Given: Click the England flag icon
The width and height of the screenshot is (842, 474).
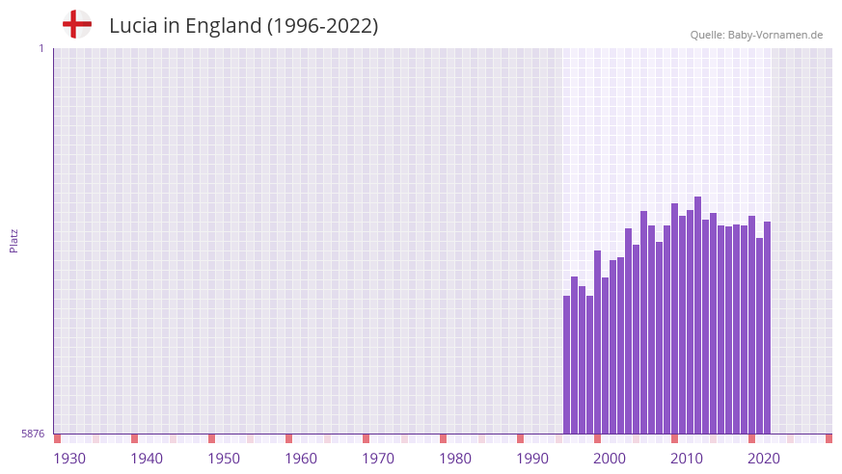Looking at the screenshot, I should (x=76, y=24).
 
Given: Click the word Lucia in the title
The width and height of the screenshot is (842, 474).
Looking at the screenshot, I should (x=131, y=26).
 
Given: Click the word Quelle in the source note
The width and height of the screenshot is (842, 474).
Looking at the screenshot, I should (x=706, y=35).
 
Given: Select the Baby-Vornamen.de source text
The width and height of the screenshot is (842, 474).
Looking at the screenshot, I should (x=775, y=35).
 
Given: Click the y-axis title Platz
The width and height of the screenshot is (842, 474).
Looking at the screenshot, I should (x=14, y=240).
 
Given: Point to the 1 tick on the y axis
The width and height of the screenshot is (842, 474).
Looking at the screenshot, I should (x=41, y=48).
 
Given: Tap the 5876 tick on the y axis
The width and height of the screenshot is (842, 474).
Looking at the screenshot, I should (x=33, y=434).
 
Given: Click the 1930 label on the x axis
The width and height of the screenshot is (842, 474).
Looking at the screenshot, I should (x=69, y=459).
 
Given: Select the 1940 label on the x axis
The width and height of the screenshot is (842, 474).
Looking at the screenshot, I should (x=147, y=459).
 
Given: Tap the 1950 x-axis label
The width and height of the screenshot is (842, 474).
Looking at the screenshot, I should (x=224, y=459).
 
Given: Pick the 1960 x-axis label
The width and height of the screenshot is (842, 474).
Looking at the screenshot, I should (x=301, y=459).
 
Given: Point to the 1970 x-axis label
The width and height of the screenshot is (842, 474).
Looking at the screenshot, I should (x=378, y=459).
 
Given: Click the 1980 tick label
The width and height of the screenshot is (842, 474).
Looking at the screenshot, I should (x=455, y=459).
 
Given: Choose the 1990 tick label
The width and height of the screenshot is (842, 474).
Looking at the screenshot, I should (x=532, y=459).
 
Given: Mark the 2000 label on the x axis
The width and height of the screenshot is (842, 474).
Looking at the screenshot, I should (x=610, y=459).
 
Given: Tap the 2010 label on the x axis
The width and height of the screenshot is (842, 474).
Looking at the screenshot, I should (x=687, y=459).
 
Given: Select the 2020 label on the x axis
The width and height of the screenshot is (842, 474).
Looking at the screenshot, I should (x=764, y=459).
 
